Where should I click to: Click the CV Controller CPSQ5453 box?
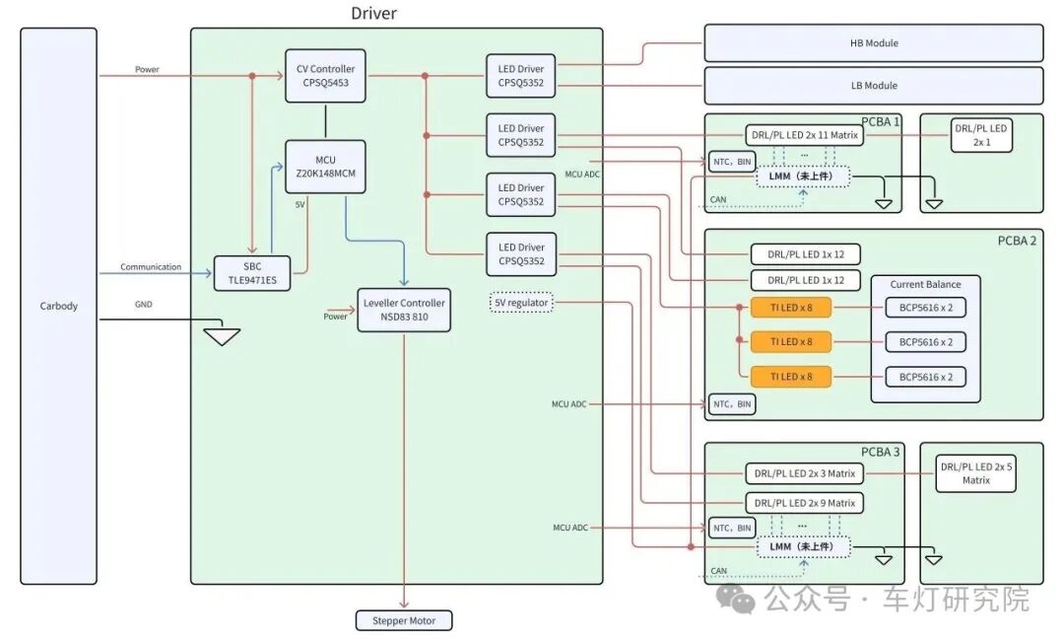pyautogui.click(x=326, y=76)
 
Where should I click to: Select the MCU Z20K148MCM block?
pyautogui.click(x=326, y=167)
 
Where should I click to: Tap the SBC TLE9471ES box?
pyautogui.click(x=252, y=274)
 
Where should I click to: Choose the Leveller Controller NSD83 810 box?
pyautogui.click(x=404, y=310)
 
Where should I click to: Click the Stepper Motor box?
pyautogui.click(x=404, y=620)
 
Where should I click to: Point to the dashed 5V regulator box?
pyautogui.click(x=521, y=303)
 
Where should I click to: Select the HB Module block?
pyautogui.click(x=874, y=42)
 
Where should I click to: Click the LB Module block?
pyautogui.click(x=874, y=86)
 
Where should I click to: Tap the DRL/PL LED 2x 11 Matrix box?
pyautogui.click(x=805, y=135)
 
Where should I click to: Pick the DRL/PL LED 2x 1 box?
pyautogui.click(x=981, y=135)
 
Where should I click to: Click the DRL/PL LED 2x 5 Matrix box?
pyautogui.click(x=975, y=473)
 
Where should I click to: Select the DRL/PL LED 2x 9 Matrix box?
pyautogui.click(x=805, y=503)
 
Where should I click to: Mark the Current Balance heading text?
pyautogui.click(x=925, y=285)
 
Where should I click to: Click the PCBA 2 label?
pyautogui.click(x=1017, y=241)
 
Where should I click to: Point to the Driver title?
pyautogui.click(x=374, y=13)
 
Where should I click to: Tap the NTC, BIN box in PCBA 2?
pyautogui.click(x=732, y=404)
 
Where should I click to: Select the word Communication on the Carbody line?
pyautogui.click(x=151, y=267)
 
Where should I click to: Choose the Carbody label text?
pyautogui.click(x=59, y=306)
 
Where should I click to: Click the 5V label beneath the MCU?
pyautogui.click(x=299, y=204)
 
